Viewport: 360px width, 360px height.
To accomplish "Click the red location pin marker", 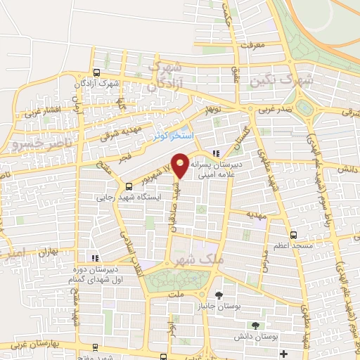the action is tap(181, 165).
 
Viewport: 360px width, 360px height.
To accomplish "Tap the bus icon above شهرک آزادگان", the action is tap(96, 72).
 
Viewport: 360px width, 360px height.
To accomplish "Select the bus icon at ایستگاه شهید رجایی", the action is tap(129, 186).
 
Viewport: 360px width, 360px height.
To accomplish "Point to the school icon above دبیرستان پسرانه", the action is tap(217, 153).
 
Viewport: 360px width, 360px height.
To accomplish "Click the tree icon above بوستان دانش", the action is tap(255, 324).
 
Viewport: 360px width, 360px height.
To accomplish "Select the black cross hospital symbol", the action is tap(284, 353).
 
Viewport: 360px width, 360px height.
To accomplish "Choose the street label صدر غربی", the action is tap(271, 110).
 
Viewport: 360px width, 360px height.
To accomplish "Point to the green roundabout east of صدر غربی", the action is tap(305, 108).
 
